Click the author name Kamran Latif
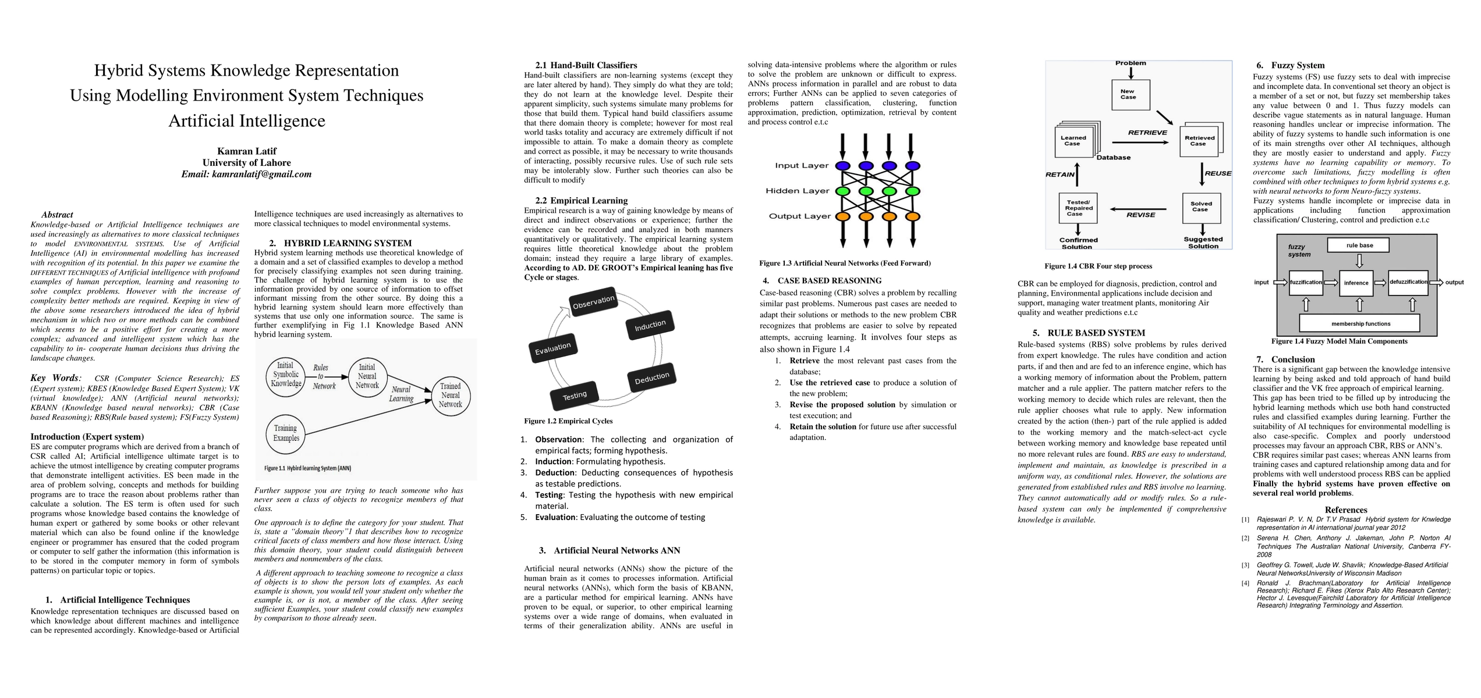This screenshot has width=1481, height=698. click(246, 151)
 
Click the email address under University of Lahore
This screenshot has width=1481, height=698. click(246, 174)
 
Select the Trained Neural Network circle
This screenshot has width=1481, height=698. click(450, 396)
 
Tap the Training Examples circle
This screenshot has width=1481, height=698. click(286, 433)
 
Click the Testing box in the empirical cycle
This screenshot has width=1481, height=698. click(575, 396)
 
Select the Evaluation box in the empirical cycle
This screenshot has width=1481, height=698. click(552, 348)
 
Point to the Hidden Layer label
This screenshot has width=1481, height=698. click(797, 191)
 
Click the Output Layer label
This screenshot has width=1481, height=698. click(799, 216)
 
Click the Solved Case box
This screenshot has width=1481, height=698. click(1201, 207)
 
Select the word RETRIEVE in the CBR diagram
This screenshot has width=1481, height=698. click(1147, 133)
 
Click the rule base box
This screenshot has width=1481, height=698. click(1359, 245)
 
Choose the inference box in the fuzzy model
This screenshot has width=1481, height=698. click(1356, 283)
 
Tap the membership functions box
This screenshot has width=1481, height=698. click(1360, 323)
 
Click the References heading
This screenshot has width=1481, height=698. click(1346, 510)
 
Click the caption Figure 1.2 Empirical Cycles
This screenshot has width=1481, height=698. click(568, 421)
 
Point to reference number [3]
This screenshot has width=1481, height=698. click(1245, 565)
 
